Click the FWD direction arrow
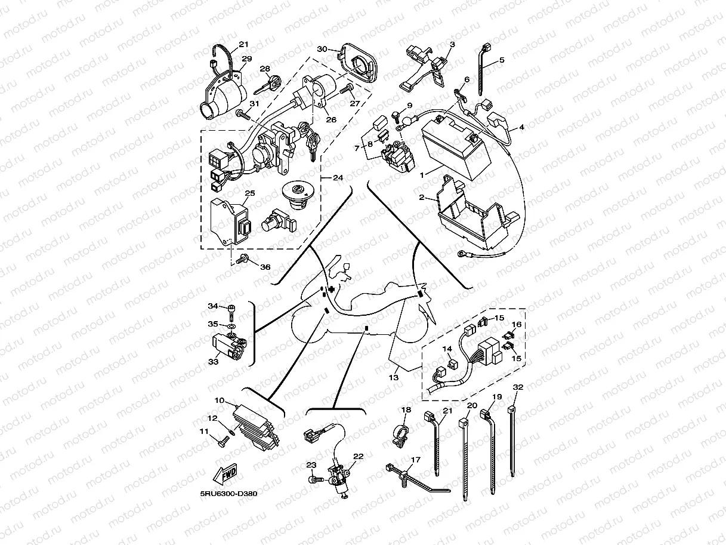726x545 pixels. click(x=225, y=474)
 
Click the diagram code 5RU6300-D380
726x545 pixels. click(x=228, y=494)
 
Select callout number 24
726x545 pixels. click(x=338, y=178)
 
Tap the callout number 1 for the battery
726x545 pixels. click(x=422, y=175)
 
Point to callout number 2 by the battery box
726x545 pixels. click(x=422, y=197)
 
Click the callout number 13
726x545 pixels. click(x=394, y=377)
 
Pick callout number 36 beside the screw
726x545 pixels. click(x=265, y=267)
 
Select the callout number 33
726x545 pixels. click(x=214, y=362)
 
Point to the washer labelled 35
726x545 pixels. click(x=231, y=327)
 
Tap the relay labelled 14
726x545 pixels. click(x=451, y=364)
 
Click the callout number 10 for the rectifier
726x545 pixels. click(x=220, y=401)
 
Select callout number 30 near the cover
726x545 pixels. click(x=322, y=49)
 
